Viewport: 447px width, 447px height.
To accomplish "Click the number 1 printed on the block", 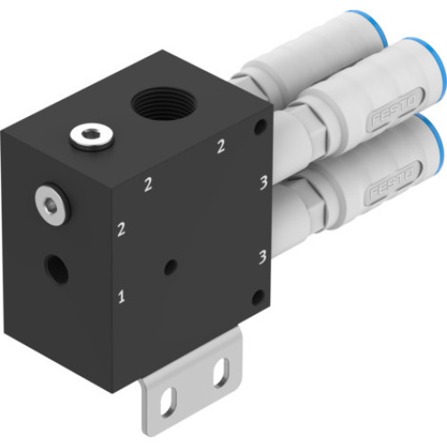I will pos(122,294).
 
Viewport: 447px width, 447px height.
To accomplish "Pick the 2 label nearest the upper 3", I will pos(220,148).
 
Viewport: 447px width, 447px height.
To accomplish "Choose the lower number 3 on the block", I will pos(262,257).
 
